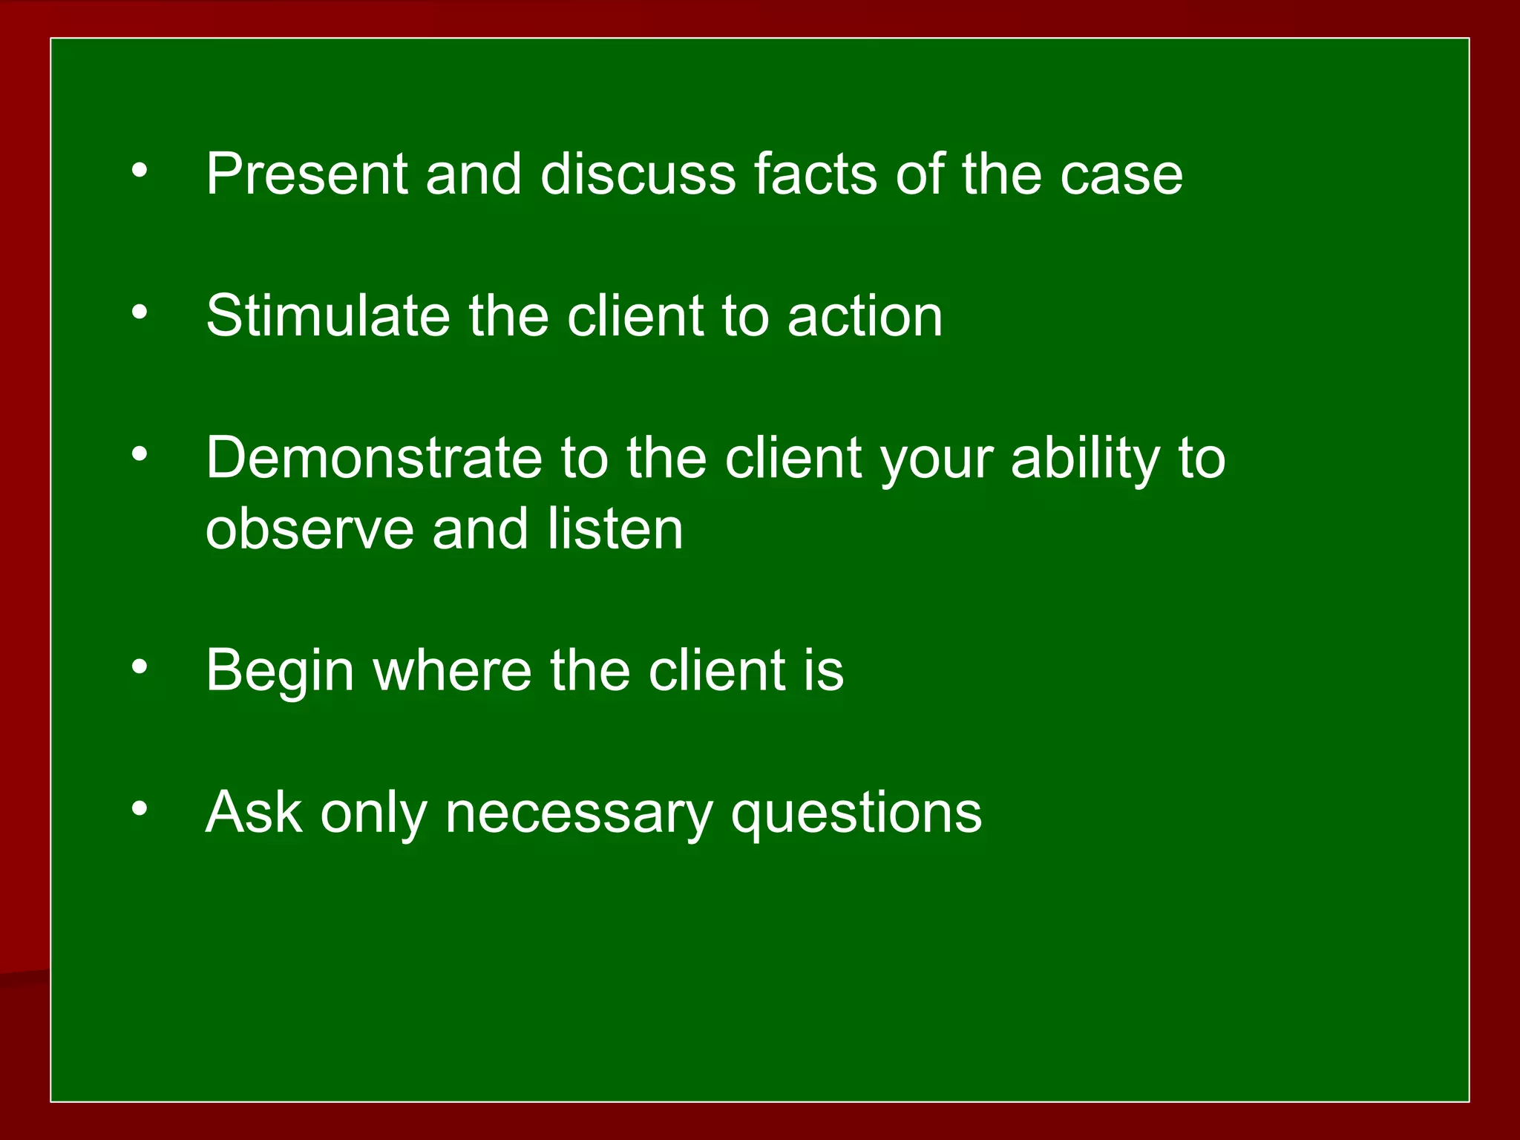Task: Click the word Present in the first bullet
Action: tap(307, 174)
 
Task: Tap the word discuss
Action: tap(638, 174)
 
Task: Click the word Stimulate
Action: tap(328, 316)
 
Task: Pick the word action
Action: tap(865, 316)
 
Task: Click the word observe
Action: tap(309, 529)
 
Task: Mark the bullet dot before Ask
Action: tap(140, 808)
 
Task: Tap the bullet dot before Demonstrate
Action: tap(140, 454)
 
